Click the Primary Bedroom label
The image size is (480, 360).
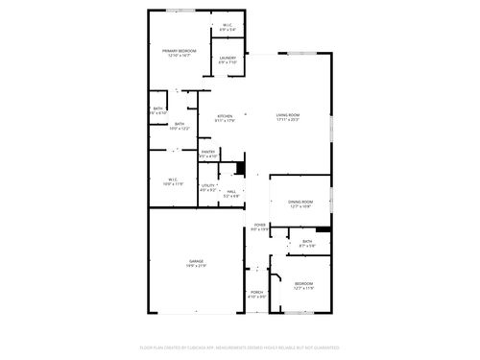point(178,50)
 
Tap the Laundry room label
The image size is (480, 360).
point(228,59)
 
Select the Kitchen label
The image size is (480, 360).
point(225,115)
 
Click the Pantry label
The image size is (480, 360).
point(208,151)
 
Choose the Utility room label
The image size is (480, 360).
point(207,185)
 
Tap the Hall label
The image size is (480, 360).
point(230,191)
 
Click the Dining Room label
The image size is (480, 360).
point(300,202)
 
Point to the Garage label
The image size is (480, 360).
point(196,260)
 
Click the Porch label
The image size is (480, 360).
point(256,293)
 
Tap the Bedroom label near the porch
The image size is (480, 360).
point(303,283)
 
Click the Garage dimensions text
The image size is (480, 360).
point(196,266)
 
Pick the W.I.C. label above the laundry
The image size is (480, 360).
point(228,25)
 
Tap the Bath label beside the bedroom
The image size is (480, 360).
point(307,241)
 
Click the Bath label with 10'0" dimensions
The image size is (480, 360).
point(180,124)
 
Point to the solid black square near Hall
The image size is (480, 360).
point(240,169)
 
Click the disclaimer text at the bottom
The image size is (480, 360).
point(240,347)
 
